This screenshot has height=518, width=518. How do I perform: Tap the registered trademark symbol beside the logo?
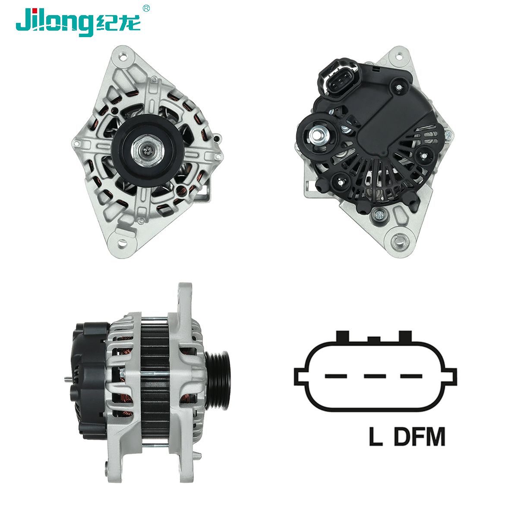click(x=146, y=9)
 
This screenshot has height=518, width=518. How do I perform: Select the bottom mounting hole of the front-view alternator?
click(x=122, y=243)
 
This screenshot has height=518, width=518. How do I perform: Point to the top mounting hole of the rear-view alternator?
click(x=399, y=57)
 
